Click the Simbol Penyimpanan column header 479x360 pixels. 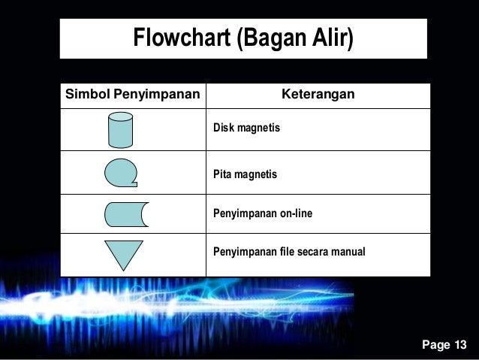[x=133, y=95]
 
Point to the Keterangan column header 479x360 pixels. [x=318, y=95]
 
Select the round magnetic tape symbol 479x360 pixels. [x=121, y=173]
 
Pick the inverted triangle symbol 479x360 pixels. [x=123, y=253]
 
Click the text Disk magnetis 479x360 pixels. [x=246, y=128]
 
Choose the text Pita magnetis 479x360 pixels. [x=245, y=174]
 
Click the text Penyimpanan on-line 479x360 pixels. [x=263, y=214]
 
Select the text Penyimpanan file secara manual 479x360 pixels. [x=289, y=252]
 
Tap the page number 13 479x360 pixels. [x=459, y=345]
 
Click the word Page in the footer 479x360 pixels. [x=435, y=345]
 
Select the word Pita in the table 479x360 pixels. [x=223, y=174]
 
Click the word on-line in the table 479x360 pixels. [x=297, y=214]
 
